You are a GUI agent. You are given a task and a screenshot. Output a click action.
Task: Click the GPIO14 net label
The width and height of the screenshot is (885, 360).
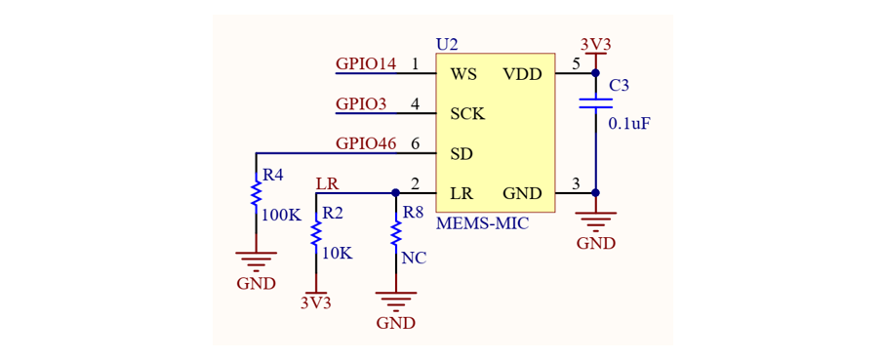coord(366,63)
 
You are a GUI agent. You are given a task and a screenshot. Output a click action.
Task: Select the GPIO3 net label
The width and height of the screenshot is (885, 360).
coord(360,104)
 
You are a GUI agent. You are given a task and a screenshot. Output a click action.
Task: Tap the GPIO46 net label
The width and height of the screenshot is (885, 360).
coord(366,143)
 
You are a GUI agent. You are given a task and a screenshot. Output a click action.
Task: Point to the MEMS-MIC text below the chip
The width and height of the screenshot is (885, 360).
coord(483,224)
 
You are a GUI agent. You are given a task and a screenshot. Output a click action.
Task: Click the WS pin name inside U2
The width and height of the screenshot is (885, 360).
coord(463,74)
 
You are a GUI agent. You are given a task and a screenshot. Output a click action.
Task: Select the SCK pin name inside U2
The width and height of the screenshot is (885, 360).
coord(467,114)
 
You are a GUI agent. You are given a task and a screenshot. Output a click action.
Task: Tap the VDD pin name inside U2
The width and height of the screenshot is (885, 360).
coord(522,74)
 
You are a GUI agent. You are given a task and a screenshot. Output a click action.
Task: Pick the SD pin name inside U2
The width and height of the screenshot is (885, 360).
coord(462,153)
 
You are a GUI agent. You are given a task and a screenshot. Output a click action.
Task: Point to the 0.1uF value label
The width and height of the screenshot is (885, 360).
coord(625,124)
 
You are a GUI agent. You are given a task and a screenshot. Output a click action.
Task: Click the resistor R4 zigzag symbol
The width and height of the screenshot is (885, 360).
coord(257,192)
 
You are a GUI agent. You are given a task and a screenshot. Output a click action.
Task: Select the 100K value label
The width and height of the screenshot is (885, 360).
coord(283,215)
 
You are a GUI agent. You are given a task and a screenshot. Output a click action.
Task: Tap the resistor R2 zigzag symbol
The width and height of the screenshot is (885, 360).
coord(316,232)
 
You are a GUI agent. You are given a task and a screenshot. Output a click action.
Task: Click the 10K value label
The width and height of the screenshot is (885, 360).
coord(338,254)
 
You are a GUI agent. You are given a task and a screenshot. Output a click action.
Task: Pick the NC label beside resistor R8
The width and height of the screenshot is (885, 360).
coord(415,259)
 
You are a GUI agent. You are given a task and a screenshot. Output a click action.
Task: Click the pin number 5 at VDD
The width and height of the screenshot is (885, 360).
coord(576,63)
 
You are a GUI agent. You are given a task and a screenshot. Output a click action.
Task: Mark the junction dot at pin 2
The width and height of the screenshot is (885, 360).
coord(395,193)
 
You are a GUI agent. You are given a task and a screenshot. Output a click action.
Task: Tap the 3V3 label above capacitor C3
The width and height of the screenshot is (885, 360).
coord(596,45)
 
